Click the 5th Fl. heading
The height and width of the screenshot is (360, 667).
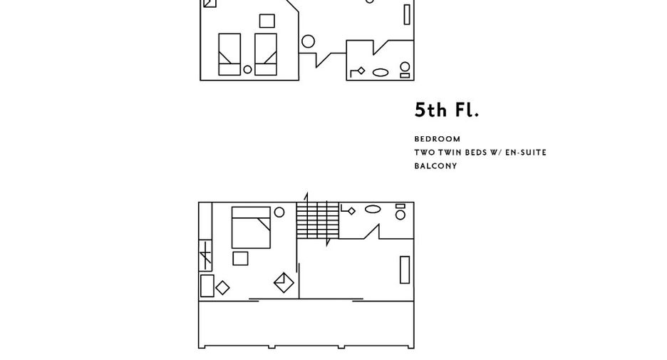pyautogui.click(x=447, y=110)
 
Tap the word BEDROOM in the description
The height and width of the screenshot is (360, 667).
pyautogui.click(x=438, y=139)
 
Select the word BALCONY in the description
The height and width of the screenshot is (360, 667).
pyautogui.click(x=435, y=166)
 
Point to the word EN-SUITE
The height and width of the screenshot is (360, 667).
pyautogui.click(x=526, y=153)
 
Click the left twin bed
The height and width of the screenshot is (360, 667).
pyautogui.click(x=229, y=54)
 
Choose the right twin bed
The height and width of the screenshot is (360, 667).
pyautogui.click(x=266, y=54)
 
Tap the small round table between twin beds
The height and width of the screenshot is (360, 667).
pyautogui.click(x=247, y=69)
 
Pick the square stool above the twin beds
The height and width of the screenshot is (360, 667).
pyautogui.click(x=267, y=21)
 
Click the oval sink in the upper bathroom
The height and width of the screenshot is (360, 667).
pyautogui.click(x=381, y=73)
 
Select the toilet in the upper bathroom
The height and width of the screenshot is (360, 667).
pyautogui.click(x=405, y=70)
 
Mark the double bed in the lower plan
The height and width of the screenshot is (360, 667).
pyautogui.click(x=251, y=227)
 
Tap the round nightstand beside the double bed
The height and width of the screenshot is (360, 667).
pyautogui.click(x=279, y=212)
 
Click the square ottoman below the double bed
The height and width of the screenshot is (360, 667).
pyautogui.click(x=240, y=259)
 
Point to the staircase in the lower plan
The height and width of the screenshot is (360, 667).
pyautogui.click(x=318, y=220)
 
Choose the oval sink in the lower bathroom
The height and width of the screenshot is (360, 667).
pyautogui.click(x=373, y=209)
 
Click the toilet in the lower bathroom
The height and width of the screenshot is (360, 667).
pyautogui.click(x=400, y=212)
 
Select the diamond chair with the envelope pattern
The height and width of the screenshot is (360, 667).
pyautogui.click(x=284, y=282)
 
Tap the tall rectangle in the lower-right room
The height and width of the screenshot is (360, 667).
pyautogui.click(x=405, y=269)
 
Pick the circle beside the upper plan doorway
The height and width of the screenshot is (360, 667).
pyautogui.click(x=308, y=41)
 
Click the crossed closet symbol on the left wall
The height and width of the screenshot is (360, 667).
pyautogui.click(x=205, y=256)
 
